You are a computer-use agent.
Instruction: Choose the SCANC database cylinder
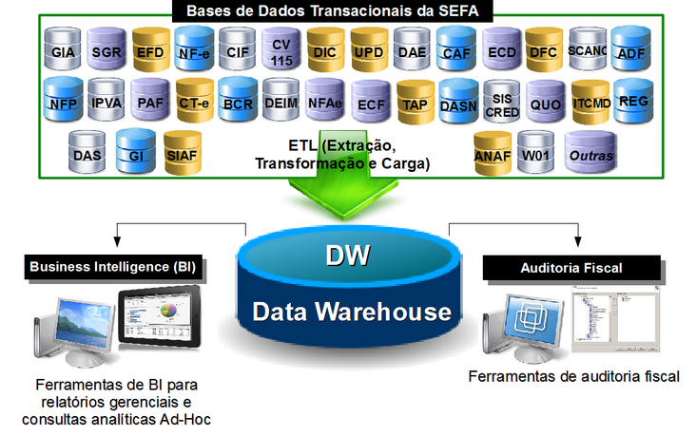click(x=586, y=51)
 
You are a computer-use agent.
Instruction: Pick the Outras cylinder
click(x=590, y=155)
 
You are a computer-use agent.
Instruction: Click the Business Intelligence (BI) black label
click(x=115, y=267)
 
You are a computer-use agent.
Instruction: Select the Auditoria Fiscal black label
click(x=570, y=268)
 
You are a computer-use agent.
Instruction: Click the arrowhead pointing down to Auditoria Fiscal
click(x=575, y=244)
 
